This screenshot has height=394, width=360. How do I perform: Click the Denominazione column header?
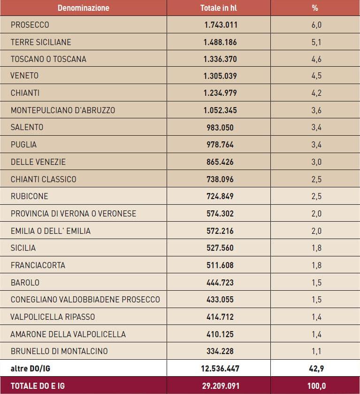point(84,8)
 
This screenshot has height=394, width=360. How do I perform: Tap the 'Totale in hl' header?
point(219,8)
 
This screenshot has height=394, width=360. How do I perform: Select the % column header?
point(315,8)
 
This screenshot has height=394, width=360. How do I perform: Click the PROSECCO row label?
point(30,25)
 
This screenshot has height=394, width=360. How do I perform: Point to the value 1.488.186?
point(220,42)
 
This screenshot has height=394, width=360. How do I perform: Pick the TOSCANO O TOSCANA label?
point(48,59)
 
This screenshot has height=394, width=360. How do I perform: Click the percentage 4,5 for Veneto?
point(316,76)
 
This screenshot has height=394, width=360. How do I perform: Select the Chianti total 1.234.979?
point(220,93)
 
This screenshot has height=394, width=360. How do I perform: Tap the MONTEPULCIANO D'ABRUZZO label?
point(63,110)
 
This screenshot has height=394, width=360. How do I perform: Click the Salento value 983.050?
point(220,127)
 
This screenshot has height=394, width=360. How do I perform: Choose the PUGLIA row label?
point(23,145)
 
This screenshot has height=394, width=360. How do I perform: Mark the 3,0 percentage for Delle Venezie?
point(316,162)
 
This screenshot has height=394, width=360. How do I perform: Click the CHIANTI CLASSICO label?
point(44,179)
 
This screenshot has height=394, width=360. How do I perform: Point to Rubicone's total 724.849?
point(220,196)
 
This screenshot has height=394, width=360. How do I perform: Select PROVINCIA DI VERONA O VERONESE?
point(73,214)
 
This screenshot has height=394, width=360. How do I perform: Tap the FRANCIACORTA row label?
point(38,265)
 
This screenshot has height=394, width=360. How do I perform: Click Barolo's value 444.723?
point(220,282)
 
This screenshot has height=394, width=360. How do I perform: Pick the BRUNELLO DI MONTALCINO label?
point(59,351)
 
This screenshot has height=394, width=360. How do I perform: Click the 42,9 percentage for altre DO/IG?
point(316,368)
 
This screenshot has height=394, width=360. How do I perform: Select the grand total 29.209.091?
point(221,386)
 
